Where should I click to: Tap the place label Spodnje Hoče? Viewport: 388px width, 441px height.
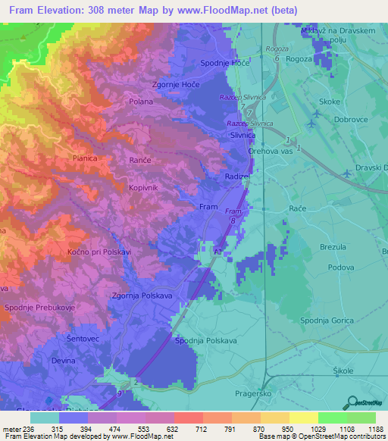click(x=224, y=64)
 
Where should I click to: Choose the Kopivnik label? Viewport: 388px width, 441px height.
click(x=143, y=186)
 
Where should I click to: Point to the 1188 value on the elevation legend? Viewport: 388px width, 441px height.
click(x=374, y=429)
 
